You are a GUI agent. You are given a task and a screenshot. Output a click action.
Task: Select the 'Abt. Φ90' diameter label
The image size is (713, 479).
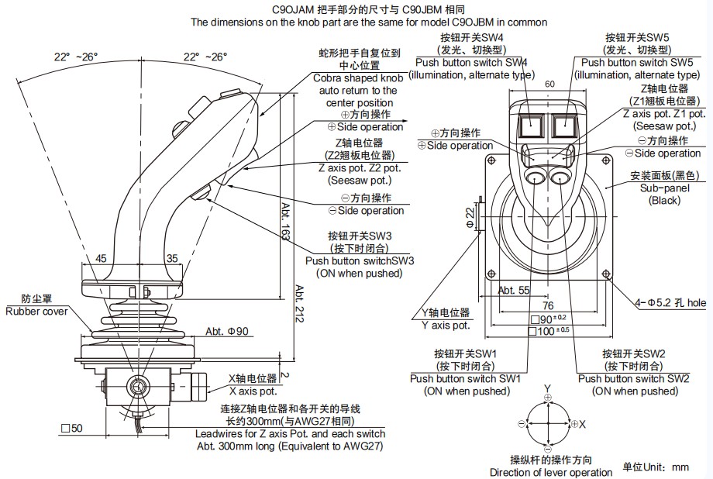[x=227, y=332]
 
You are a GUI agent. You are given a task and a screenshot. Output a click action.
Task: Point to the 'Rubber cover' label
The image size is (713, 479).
[x=36, y=311]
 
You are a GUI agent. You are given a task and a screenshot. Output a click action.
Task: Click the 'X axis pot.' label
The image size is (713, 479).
[x=253, y=391]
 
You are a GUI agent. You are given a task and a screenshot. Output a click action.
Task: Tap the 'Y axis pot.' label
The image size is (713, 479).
[x=446, y=325]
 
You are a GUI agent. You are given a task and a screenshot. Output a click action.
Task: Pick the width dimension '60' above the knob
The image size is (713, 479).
[x=549, y=84]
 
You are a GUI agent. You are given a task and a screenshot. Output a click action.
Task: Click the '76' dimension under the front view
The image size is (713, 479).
[x=549, y=305]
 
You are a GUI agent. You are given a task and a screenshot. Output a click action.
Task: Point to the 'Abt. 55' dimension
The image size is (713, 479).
[x=513, y=290]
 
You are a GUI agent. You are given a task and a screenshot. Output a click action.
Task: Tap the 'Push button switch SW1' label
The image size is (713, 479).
[x=465, y=378]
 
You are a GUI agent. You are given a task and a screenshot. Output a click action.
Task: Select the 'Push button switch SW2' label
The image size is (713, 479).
[x=634, y=378]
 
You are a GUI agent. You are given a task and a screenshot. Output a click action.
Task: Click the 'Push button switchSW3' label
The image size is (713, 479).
[x=360, y=260]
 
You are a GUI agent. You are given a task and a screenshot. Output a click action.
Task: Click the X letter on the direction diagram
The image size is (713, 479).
[x=582, y=425]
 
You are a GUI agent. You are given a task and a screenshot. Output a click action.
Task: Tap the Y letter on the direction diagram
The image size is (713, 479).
[x=548, y=387]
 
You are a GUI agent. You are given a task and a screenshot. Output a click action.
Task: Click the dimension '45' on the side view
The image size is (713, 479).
[x=101, y=258]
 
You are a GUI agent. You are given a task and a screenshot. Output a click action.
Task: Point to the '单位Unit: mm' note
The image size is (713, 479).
[x=656, y=467]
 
